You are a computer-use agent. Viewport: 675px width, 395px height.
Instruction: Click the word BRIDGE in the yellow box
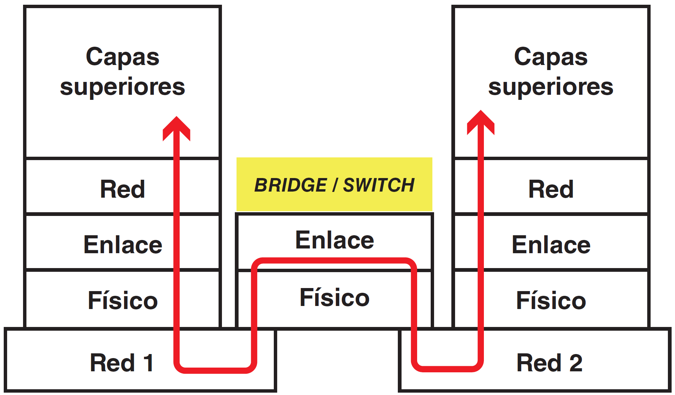(290, 185)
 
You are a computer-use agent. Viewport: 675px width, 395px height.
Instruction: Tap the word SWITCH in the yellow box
(379, 185)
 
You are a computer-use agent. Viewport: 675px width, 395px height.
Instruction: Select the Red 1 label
(122, 363)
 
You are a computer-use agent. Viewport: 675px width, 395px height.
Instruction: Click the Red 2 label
(549, 363)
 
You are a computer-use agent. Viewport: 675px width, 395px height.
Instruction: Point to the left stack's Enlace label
(123, 244)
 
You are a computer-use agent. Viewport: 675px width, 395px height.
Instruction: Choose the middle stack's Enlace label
(334, 240)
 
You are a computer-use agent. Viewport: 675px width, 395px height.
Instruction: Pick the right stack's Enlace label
(551, 244)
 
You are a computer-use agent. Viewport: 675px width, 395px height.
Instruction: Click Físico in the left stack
(123, 300)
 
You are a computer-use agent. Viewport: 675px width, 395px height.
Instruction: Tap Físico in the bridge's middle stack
(334, 298)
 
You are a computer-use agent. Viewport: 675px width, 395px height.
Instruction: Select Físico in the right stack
(551, 300)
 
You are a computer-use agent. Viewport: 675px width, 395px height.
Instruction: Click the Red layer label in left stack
(123, 189)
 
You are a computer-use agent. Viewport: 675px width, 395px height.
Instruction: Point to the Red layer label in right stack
(551, 189)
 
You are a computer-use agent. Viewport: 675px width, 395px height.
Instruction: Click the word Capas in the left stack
(123, 57)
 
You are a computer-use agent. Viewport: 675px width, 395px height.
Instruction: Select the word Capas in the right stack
(551, 57)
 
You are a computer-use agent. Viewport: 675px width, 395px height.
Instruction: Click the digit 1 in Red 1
(148, 363)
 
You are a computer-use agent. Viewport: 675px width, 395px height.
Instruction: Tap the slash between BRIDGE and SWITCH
(335, 185)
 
